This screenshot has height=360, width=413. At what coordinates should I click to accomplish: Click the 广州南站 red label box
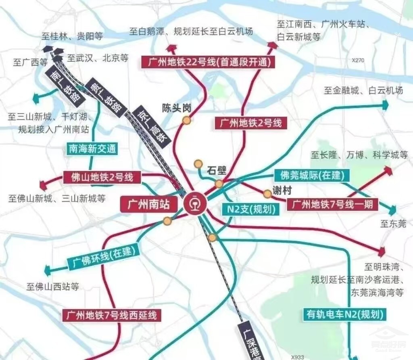[x=149, y=204]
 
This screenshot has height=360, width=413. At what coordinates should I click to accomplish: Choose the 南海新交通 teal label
[x=92, y=149]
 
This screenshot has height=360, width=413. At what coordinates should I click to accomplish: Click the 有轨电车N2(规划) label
[x=344, y=313]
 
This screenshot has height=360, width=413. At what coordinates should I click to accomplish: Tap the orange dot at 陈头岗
[x=186, y=120]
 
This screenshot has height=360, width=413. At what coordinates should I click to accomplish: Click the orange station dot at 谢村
[x=267, y=194]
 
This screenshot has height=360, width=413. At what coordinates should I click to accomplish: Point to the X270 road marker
[x=358, y=60]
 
